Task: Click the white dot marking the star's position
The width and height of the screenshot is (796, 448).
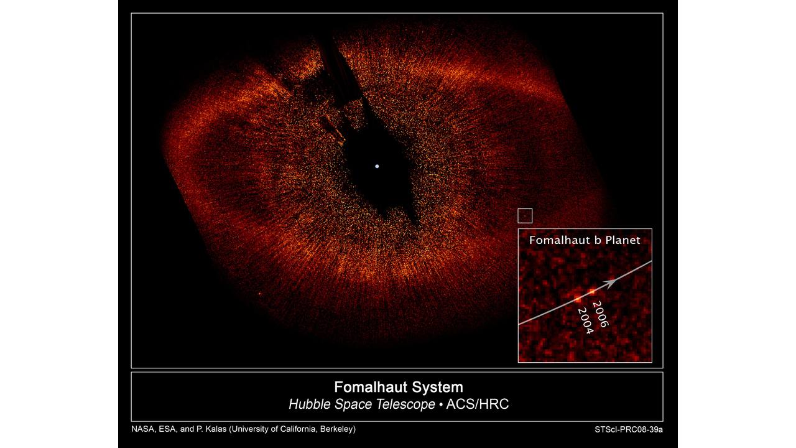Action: click(x=377, y=166)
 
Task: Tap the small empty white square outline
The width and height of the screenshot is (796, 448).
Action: click(x=525, y=209)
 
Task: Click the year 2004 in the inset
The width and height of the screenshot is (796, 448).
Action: click(x=586, y=321)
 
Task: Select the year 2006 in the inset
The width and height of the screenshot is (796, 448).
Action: click(x=601, y=314)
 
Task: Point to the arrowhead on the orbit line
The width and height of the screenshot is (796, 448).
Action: click(x=610, y=283)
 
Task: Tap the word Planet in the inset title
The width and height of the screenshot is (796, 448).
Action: click(x=622, y=240)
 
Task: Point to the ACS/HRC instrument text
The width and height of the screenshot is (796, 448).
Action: click(x=478, y=404)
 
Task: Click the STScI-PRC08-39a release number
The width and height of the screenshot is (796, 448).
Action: click(x=629, y=429)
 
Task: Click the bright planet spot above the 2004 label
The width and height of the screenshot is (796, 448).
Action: click(x=578, y=299)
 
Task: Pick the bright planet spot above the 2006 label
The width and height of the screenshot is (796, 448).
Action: click(x=591, y=292)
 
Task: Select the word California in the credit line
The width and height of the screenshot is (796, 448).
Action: click(x=298, y=429)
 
